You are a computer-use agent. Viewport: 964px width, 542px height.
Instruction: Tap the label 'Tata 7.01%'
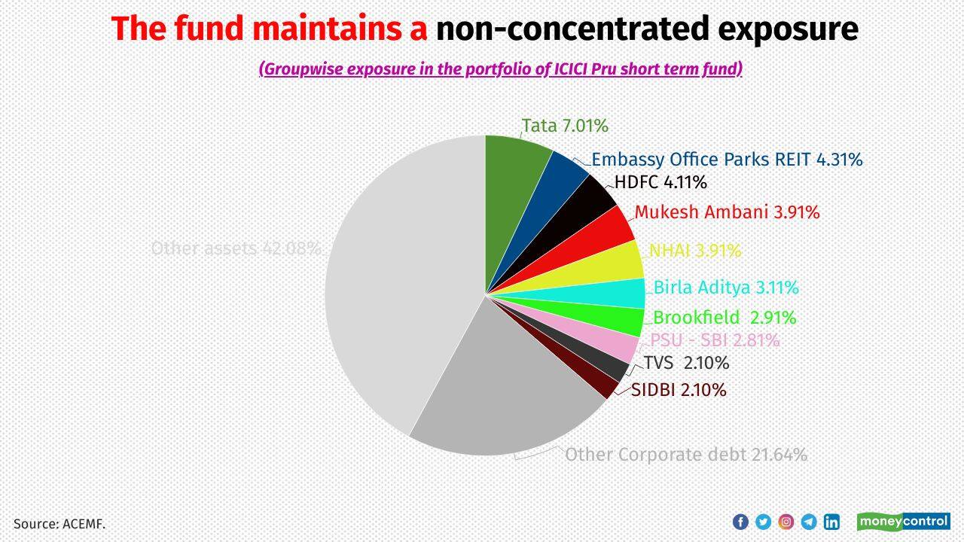565,126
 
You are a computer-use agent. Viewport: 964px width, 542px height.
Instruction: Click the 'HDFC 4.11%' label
660,182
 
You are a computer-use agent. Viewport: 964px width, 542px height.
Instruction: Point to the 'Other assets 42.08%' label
236,248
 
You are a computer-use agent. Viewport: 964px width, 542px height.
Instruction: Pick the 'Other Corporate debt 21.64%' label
686,455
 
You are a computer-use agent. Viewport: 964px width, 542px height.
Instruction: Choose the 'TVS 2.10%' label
686,363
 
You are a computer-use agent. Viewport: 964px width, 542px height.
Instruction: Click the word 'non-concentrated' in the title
557,29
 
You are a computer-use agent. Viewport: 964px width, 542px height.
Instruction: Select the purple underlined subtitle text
501,69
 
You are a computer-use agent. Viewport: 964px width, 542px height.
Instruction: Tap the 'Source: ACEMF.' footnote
59,523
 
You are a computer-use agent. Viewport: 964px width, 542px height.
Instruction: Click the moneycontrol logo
903,521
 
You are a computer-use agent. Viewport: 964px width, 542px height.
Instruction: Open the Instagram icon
786,521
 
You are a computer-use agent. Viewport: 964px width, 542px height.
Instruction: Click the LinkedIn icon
831,521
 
